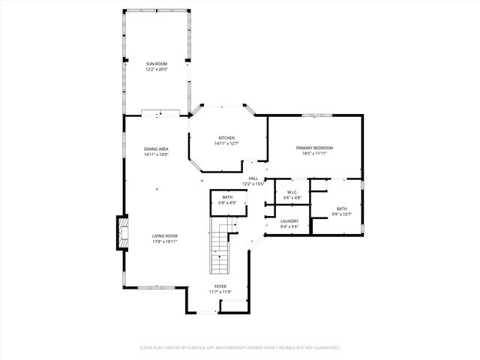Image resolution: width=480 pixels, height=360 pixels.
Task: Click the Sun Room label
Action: (x=156, y=64)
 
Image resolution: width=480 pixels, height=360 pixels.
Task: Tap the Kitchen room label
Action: (x=226, y=138)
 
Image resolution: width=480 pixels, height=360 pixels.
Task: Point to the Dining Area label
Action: (x=156, y=149)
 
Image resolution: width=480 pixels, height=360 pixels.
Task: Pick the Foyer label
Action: (x=220, y=286)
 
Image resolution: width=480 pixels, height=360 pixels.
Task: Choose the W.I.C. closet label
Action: (x=292, y=192)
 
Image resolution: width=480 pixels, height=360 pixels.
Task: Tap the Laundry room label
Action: (x=289, y=220)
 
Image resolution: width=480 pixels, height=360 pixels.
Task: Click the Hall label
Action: (x=253, y=178)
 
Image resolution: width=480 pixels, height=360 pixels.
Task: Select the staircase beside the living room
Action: (x=220, y=251)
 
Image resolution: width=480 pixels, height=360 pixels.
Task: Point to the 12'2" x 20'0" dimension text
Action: (x=156, y=70)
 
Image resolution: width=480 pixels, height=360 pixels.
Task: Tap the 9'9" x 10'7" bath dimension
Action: (x=341, y=214)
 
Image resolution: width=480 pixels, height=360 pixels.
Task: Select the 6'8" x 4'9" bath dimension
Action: (x=227, y=202)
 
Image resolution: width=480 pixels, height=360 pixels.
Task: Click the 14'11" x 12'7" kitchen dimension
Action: (x=226, y=143)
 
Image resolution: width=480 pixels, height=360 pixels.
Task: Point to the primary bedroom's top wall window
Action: (x=317, y=115)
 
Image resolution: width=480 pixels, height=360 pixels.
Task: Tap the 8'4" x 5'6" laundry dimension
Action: (x=289, y=226)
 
